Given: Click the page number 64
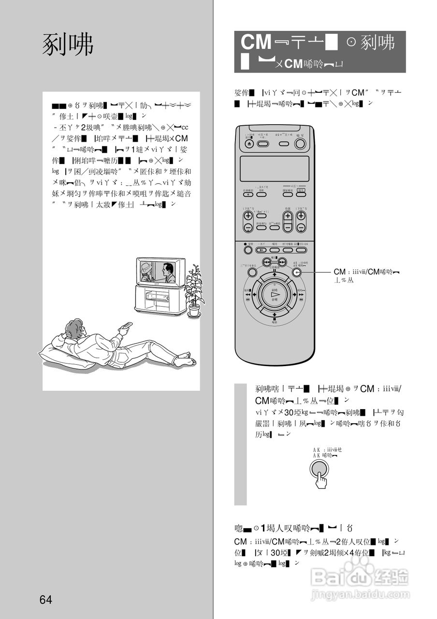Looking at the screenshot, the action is click(x=46, y=600).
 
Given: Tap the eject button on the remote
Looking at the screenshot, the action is click(x=249, y=144).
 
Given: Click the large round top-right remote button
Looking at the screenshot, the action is click(x=300, y=144).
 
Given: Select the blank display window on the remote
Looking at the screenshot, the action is click(x=274, y=169).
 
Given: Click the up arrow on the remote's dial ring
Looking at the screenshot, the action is click(x=275, y=275).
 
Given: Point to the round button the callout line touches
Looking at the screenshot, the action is click(x=296, y=272).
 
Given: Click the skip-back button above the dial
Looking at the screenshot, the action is click(x=266, y=262).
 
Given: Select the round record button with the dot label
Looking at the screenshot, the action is click(x=248, y=250).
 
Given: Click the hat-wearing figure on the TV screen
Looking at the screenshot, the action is click(x=146, y=272).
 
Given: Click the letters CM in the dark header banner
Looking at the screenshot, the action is click(x=256, y=43).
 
